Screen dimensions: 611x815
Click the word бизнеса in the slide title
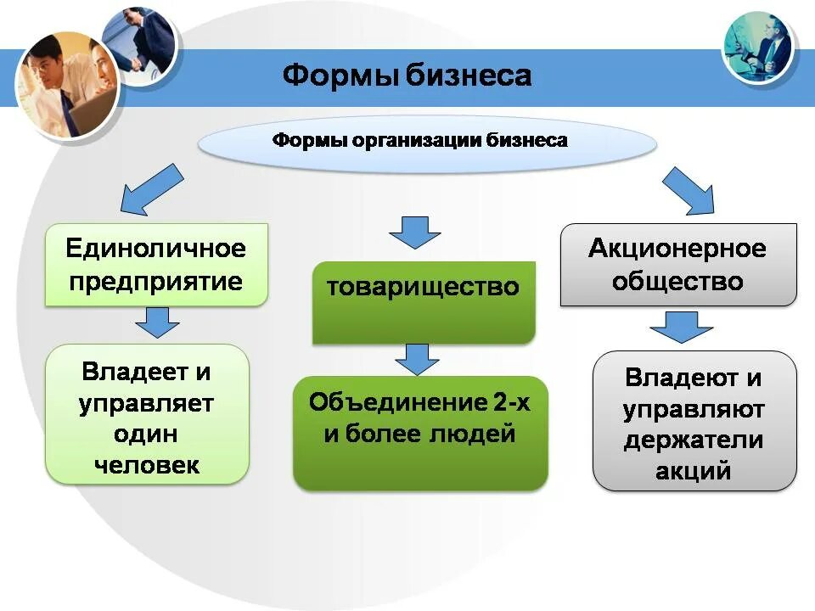pyautogui.click(x=468, y=76)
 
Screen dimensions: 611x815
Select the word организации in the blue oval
pyautogui.click(x=415, y=140)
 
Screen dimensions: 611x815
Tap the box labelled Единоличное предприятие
pyautogui.click(x=156, y=265)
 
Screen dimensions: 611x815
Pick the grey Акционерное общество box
pyautogui.click(x=677, y=265)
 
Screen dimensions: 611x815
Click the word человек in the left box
pyautogui.click(x=147, y=464)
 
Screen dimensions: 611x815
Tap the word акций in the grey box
pyautogui.click(x=694, y=470)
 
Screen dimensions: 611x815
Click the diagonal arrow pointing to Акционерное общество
pyautogui.click(x=689, y=190)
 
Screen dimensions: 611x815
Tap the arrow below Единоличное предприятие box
pyautogui.click(x=156, y=323)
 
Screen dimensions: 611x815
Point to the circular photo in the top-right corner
pyautogui.click(x=758, y=47)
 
